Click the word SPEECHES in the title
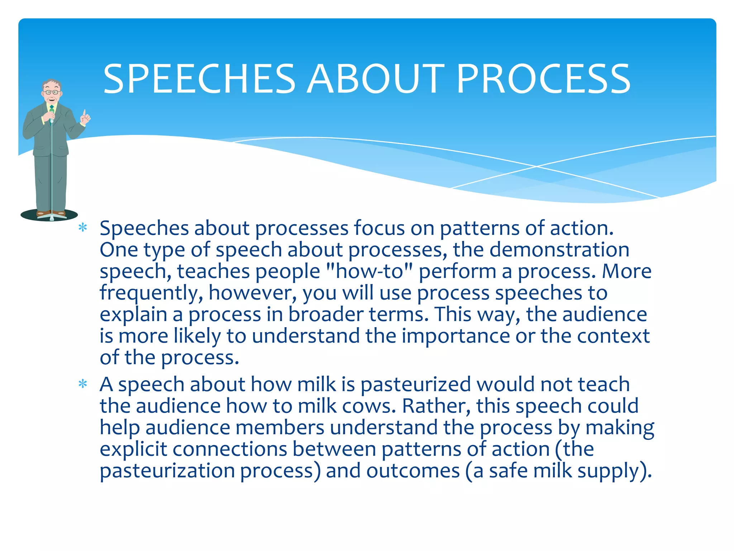pyautogui.click(x=199, y=79)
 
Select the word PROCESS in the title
pyautogui.click(x=543, y=79)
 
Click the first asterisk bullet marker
pyautogui.click(x=83, y=228)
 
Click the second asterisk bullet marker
pyautogui.click(x=83, y=384)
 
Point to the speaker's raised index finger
pyautogui.click(x=85, y=114)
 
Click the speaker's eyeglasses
pyautogui.click(x=52, y=92)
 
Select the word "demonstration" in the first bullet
pyautogui.click(x=559, y=250)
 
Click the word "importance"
pyautogui.click(x=456, y=336)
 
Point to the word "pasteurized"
pyautogui.click(x=415, y=385)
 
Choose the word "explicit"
pyautogui.click(x=133, y=449)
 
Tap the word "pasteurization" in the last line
pyautogui.click(x=167, y=471)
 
